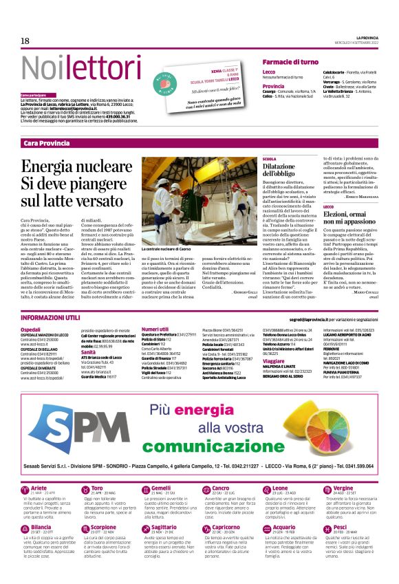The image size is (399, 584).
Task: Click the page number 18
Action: (25, 41)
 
